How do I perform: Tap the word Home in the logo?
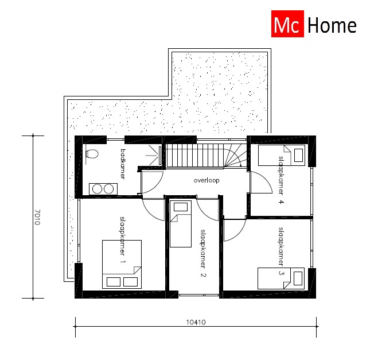click(x=332, y=26)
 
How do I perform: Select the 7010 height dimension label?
click(x=37, y=217)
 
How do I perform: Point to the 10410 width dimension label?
click(x=195, y=323)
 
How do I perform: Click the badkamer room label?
click(x=123, y=163)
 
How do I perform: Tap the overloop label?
click(x=207, y=180)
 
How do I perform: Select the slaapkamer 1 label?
click(x=123, y=240)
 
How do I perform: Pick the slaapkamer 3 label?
click(x=281, y=251)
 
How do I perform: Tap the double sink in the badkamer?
click(x=103, y=188)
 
